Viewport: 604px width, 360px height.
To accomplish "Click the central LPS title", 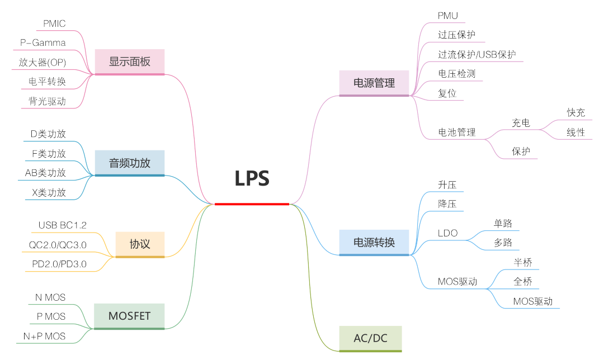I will [252, 178].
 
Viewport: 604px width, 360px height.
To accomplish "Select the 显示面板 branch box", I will [130, 61].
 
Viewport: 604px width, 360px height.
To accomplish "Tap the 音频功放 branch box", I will [130, 163].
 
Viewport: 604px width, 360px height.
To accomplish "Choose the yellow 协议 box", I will [140, 244].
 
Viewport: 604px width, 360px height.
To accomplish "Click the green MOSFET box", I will [130, 316].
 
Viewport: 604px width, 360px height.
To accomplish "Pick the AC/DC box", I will [370, 338].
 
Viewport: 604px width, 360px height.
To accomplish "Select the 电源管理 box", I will [374, 83].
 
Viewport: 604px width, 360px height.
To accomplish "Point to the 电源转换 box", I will [374, 242].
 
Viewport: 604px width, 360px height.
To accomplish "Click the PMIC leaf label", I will [54, 23].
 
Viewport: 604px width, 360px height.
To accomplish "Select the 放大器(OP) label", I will [43, 62].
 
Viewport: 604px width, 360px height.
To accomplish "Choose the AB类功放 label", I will [45, 173].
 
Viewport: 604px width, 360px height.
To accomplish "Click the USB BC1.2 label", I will [63, 225].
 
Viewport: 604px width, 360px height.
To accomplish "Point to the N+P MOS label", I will [44, 336].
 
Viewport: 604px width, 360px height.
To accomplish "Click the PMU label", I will [448, 16].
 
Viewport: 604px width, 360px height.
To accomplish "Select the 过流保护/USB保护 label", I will [476, 54].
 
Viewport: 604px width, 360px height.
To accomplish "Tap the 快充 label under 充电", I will [575, 112].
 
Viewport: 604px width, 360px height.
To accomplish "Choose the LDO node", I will [447, 233].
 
